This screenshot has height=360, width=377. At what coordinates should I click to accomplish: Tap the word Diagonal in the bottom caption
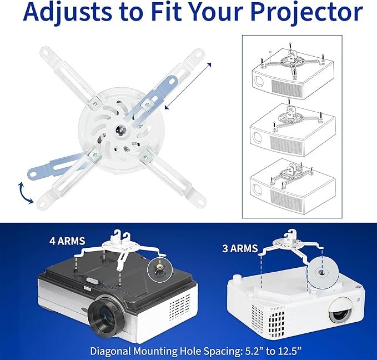(x=113, y=351)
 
